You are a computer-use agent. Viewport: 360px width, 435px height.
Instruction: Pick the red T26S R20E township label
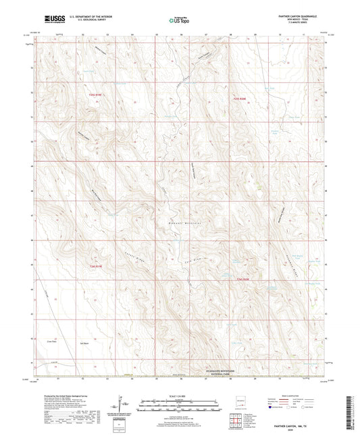[x=243, y=278]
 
